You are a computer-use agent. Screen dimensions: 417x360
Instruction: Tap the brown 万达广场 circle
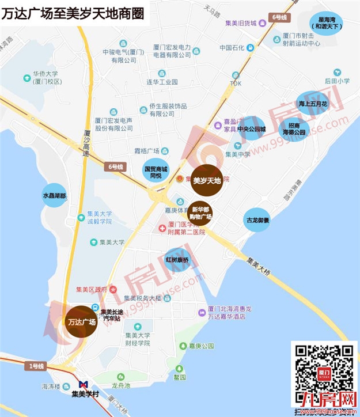click(80, 322)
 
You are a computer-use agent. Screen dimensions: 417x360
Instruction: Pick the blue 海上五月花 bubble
click(312, 104)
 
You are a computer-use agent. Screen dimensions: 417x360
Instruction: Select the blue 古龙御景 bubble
click(257, 219)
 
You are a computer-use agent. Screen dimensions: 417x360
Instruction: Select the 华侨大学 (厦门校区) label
click(46, 78)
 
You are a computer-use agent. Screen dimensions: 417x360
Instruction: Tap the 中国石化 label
click(233, 48)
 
